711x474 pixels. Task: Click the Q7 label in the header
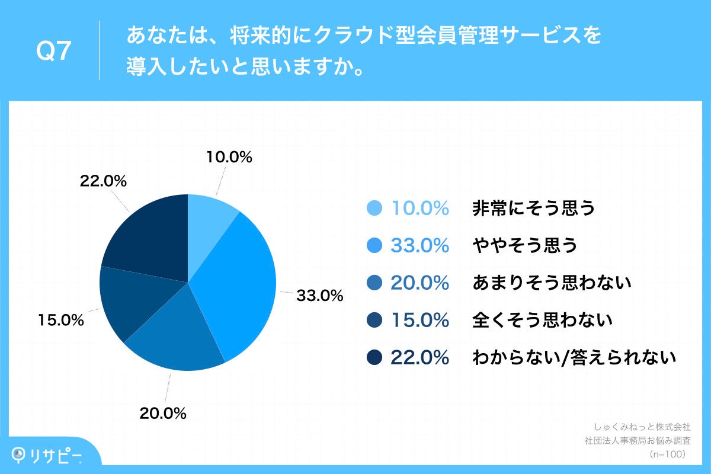[54, 52]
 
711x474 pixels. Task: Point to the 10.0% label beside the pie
[229, 158]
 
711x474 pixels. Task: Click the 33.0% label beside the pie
[319, 295]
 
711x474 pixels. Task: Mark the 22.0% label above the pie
[104, 182]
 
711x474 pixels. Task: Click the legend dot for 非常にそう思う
[374, 209]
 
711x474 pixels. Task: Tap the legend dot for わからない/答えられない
[374, 357]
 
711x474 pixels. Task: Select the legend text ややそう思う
[524, 246]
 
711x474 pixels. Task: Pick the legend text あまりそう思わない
[552, 283]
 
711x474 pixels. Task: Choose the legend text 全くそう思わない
[542, 321]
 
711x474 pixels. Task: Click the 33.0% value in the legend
[419, 246]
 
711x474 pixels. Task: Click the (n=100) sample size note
[668, 454]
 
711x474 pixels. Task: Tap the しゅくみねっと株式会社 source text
[642, 427]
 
